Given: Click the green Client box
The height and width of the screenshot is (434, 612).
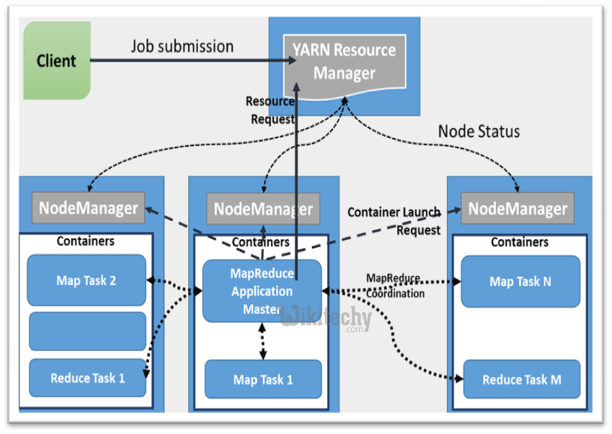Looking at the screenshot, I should pyautogui.click(x=57, y=61).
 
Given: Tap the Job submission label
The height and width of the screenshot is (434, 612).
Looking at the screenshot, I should pyautogui.click(x=182, y=46).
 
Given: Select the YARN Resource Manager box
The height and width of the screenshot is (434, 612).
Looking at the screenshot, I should pyautogui.click(x=344, y=61).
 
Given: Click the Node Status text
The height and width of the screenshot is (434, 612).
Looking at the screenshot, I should pyautogui.click(x=478, y=131).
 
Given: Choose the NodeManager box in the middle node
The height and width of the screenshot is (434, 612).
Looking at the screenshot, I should pyautogui.click(x=262, y=208).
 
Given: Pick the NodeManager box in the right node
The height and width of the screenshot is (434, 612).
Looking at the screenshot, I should pyautogui.click(x=517, y=208).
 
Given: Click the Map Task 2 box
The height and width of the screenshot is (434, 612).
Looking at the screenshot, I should pyautogui.click(x=86, y=280).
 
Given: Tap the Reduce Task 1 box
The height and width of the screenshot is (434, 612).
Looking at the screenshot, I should pyautogui.click(x=87, y=378).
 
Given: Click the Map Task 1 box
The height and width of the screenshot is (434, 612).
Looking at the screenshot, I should pyautogui.click(x=262, y=379).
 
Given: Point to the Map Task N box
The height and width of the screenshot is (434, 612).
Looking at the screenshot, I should pyautogui.click(x=520, y=282).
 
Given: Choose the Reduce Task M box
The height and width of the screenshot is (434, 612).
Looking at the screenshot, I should pyautogui.click(x=521, y=379).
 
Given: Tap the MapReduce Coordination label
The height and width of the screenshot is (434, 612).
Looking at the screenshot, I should pyautogui.click(x=394, y=286).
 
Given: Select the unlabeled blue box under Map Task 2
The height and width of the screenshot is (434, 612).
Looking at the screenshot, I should pyautogui.click(x=87, y=331).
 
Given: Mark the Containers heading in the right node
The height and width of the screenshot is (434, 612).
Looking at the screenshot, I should pyautogui.click(x=519, y=242).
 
